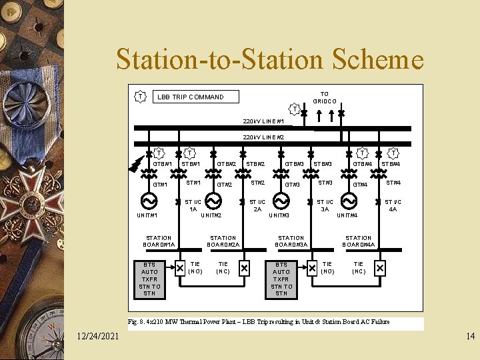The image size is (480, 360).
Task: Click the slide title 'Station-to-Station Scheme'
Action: (269, 60)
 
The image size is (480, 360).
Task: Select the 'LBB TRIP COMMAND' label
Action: (190, 97)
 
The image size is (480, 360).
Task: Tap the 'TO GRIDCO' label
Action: (325, 97)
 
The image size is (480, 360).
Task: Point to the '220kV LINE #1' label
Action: (263, 121)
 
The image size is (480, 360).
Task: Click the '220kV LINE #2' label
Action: (263, 137)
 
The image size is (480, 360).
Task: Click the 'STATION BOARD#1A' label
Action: (158, 241)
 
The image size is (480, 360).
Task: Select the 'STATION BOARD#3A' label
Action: (291, 241)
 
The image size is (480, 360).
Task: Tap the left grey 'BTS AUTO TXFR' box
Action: (149, 279)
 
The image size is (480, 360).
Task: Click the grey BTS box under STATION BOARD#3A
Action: (281, 279)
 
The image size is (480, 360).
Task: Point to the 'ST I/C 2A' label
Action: (257, 205)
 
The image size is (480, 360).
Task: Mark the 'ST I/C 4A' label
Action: (393, 205)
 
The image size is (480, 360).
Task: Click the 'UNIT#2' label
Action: (211, 215)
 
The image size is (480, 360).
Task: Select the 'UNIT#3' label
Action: (279, 215)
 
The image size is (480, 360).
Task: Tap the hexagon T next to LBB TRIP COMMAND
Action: (140, 97)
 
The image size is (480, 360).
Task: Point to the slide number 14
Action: (470, 337)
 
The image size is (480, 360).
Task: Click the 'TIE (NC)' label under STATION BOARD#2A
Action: (223, 268)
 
